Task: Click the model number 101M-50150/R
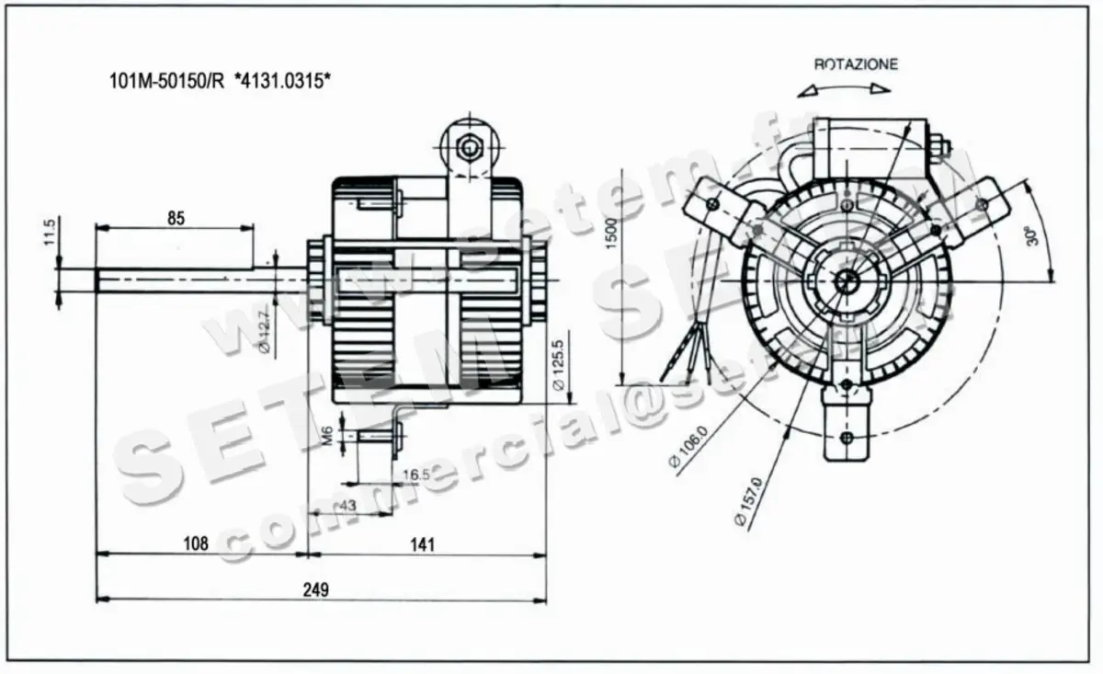tap(165, 81)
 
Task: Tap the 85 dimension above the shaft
tap(176, 218)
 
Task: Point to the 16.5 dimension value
tap(416, 474)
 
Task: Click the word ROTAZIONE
tap(856, 64)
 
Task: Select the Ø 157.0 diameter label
tap(747, 501)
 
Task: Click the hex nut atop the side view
tap(471, 146)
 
